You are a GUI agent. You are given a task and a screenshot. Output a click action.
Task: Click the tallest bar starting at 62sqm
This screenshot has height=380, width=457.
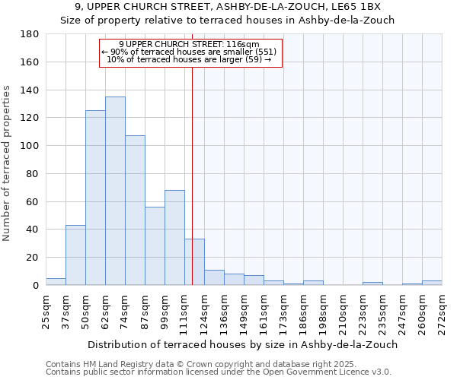click(115, 191)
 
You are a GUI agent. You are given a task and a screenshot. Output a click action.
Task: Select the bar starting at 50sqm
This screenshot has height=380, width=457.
click(95, 198)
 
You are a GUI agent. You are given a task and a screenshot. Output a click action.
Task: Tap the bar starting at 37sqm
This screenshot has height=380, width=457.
click(75, 255)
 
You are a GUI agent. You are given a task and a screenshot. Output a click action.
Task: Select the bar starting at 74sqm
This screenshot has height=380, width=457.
click(135, 210)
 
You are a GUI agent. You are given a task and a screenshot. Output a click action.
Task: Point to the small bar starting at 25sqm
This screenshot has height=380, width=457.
click(56, 282)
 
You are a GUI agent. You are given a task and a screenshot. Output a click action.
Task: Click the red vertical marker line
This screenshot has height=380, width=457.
click(192, 152)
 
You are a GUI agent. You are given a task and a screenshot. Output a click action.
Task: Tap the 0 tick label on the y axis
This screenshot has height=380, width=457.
click(35, 286)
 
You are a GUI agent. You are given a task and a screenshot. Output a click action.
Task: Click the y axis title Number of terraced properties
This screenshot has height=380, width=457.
click(8, 163)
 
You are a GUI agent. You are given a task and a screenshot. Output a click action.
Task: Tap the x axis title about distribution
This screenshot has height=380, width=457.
click(242, 344)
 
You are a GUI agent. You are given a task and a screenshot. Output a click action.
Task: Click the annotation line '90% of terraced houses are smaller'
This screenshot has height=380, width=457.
click(190, 52)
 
